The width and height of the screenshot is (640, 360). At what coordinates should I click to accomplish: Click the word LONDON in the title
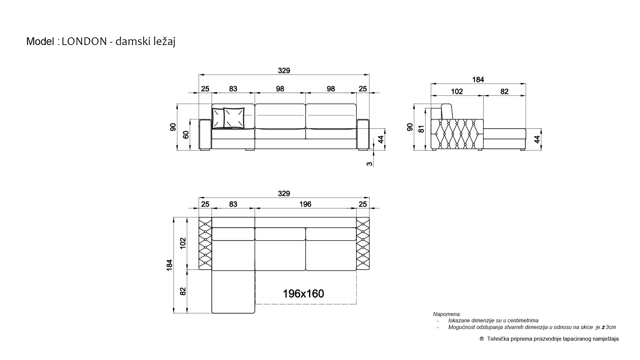coord(84,41)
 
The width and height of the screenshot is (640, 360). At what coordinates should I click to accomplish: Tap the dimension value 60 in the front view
coord(186,135)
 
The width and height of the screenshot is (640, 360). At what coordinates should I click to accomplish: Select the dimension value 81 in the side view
coord(422,129)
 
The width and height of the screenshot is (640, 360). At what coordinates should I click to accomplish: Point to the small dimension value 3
coord(370,164)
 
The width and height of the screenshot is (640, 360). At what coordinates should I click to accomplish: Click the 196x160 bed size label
coord(303,294)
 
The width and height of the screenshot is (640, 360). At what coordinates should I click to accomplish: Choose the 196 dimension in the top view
coord(305,204)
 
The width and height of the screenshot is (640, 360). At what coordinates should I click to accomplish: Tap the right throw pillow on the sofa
coord(234,118)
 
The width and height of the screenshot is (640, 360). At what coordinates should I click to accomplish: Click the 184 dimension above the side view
coord(478,80)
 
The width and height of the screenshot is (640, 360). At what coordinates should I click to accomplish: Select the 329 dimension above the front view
coord(284,71)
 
